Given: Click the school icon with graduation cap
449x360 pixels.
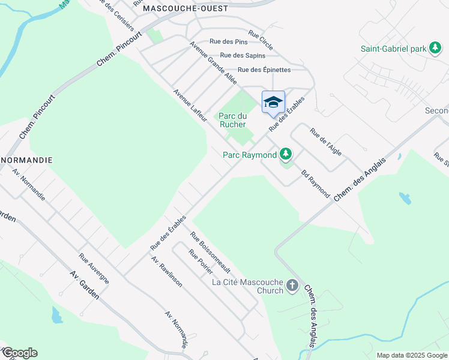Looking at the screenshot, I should pyautogui.click(x=273, y=101).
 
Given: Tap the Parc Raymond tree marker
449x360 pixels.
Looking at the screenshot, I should pyautogui.click(x=286, y=155).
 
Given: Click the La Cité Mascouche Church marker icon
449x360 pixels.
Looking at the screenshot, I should pyautogui.click(x=292, y=285).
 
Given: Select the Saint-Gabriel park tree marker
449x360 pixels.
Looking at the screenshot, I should pyautogui.click(x=436, y=49).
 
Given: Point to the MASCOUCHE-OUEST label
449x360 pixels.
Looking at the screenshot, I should pyautogui.click(x=186, y=8).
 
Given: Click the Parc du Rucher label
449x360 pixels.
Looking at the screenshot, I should pyautogui.click(x=232, y=120).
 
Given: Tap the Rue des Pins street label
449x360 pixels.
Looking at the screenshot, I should pyautogui.click(x=228, y=42).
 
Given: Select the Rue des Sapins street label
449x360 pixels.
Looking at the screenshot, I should pyautogui.click(x=243, y=55).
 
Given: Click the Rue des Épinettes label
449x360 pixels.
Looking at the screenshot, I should pyautogui.click(x=264, y=70).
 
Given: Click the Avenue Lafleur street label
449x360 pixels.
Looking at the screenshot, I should pyautogui.click(x=190, y=106).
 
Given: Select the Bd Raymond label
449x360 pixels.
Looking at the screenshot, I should pyautogui.click(x=316, y=183).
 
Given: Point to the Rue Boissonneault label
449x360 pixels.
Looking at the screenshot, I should pyautogui.click(x=210, y=253).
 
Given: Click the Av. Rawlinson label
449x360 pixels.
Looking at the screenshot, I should pyautogui.click(x=166, y=272).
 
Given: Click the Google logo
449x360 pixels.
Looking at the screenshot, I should pyautogui.click(x=19, y=353).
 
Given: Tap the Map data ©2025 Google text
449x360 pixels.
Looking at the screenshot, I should pyautogui.click(x=412, y=355).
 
